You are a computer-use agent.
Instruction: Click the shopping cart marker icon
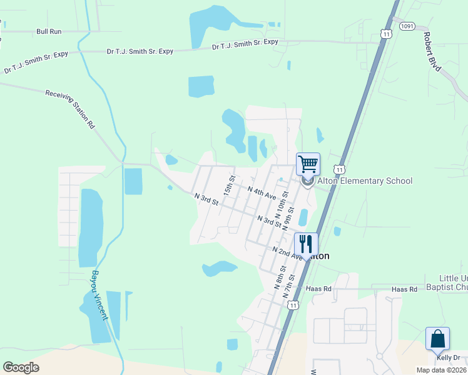pos(308,164)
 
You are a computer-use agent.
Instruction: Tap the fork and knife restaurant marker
pos(306,244)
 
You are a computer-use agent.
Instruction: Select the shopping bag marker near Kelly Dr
pos(437,339)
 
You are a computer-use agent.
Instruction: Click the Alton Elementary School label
pos(365,181)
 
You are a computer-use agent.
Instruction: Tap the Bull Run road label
pos(49,31)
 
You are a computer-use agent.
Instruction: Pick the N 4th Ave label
pos(262,192)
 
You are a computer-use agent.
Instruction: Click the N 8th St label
pos(280,277)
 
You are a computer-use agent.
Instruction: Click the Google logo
pos(21,367)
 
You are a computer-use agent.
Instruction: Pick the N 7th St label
pos(289,285)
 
